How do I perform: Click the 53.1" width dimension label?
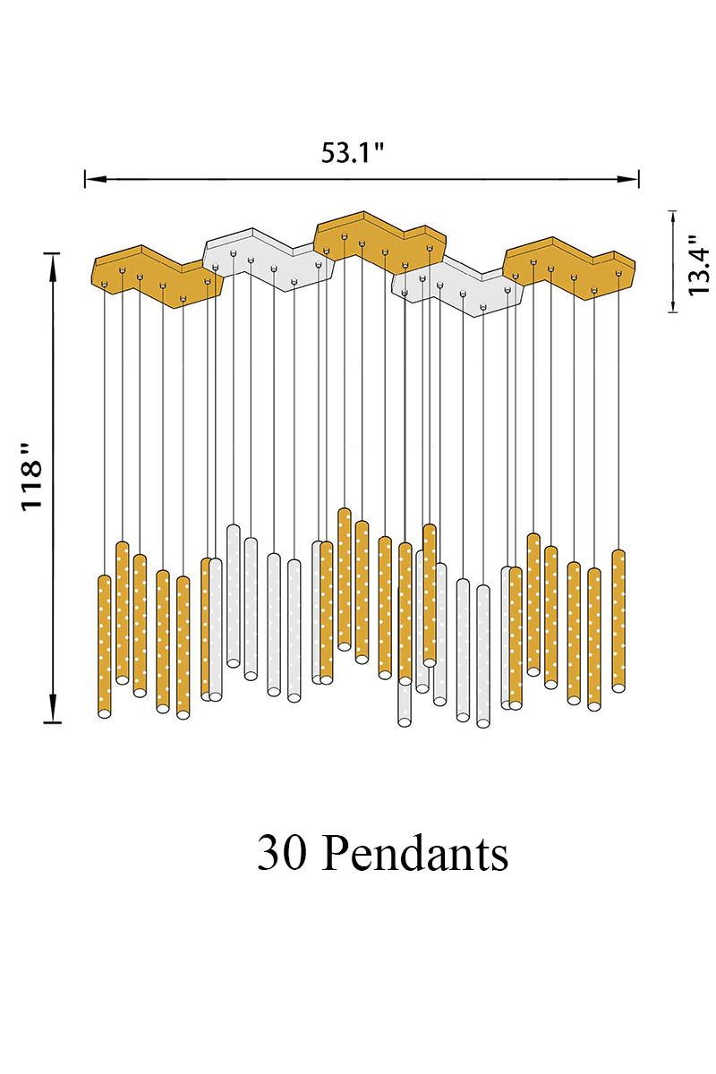[353, 153]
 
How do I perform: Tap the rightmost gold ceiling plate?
[568, 264]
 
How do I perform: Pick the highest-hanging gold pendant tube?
[344, 577]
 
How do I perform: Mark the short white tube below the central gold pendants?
[405, 703]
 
